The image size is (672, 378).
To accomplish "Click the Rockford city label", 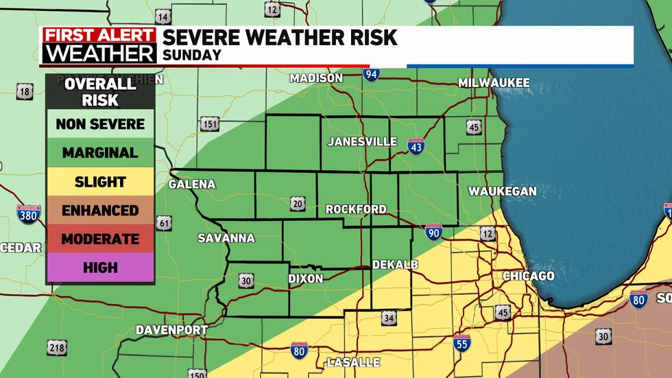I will [356, 209].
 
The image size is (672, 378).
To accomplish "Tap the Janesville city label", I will [362, 141].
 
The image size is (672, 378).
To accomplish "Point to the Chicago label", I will [528, 276].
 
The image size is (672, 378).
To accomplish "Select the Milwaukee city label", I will [494, 82].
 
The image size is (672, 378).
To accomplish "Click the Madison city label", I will [316, 78].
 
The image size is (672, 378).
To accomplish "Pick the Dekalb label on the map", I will [394, 265].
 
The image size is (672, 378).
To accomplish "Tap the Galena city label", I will [192, 185].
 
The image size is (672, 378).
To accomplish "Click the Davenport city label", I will [171, 330].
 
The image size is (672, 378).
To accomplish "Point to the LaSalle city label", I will [353, 362].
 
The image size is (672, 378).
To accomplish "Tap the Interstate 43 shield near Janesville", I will [416, 145].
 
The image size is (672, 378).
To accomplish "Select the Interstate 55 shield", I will [462, 340].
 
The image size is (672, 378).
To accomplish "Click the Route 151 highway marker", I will [211, 124].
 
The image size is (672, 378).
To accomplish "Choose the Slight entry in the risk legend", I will [100, 182].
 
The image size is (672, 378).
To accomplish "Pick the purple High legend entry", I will [100, 268].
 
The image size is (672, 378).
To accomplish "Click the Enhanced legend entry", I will [100, 211].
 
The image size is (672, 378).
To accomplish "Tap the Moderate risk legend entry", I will [100, 239].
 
